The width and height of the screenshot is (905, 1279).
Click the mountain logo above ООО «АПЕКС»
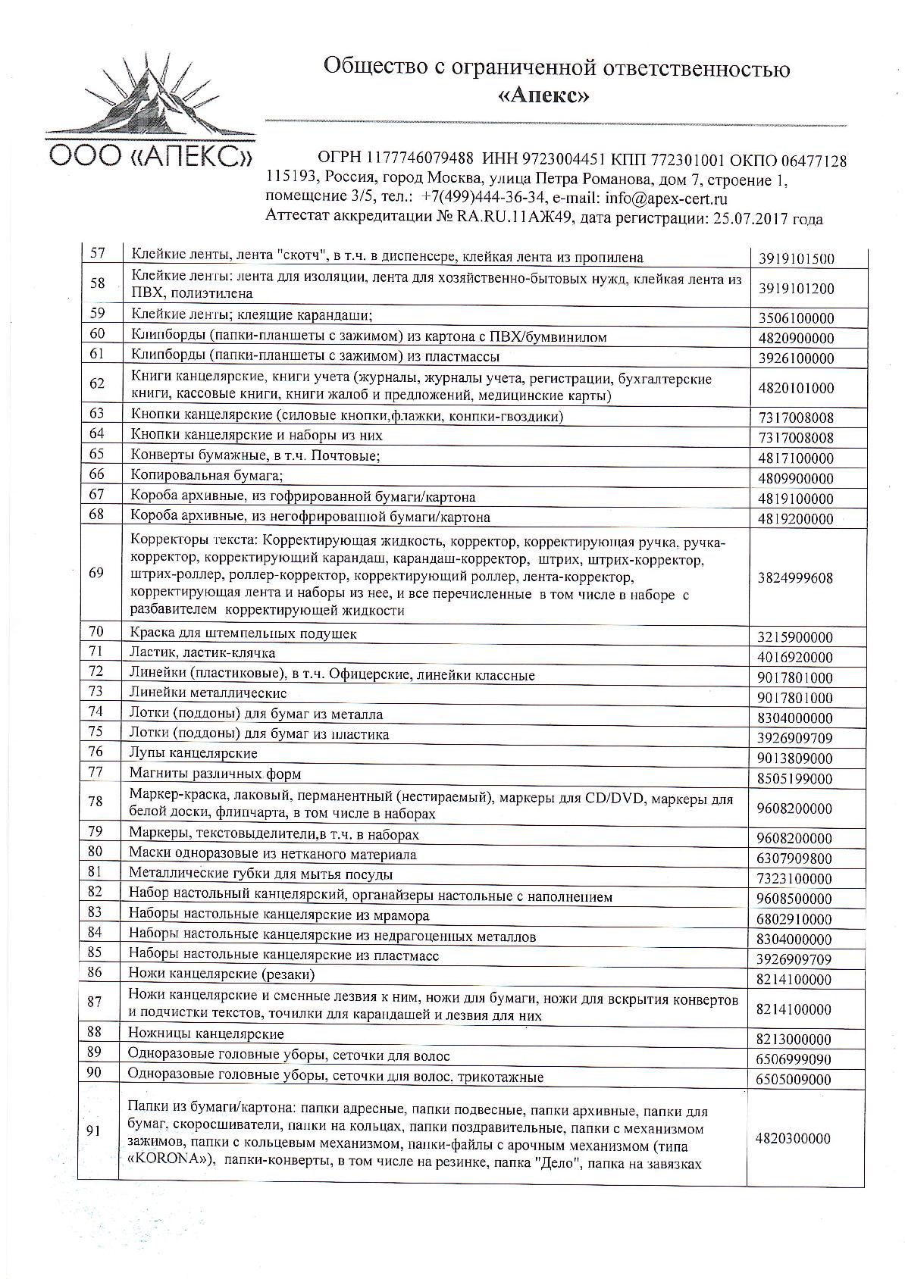[148, 92]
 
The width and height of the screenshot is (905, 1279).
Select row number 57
[97, 254]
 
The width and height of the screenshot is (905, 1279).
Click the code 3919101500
[796, 258]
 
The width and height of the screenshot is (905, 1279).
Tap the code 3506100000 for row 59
[796, 318]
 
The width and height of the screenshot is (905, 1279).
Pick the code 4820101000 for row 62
[796, 388]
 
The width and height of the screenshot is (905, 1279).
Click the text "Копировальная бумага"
[205, 476]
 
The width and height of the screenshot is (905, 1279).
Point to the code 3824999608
[795, 577]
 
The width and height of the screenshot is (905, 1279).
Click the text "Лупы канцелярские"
[193, 753]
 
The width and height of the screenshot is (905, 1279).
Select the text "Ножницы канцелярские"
[206, 1034]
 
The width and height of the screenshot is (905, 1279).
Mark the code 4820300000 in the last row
[793, 1139]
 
